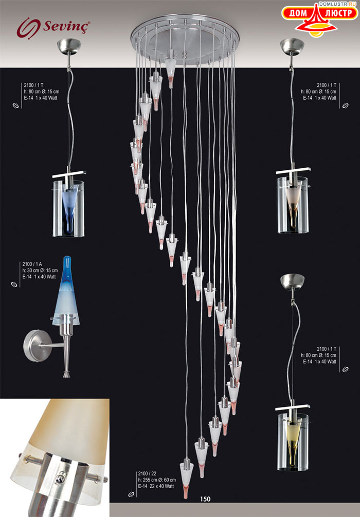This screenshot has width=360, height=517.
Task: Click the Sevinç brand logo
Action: point(53,27)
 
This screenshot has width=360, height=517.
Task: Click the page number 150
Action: point(205,499)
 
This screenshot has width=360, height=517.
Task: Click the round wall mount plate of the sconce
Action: point(32,346)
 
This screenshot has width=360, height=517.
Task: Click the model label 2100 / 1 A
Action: point(32,264)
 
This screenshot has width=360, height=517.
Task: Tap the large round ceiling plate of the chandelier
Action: point(185,39)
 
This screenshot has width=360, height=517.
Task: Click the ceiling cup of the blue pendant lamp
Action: point(69,46)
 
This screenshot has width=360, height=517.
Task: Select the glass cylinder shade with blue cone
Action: point(68,208)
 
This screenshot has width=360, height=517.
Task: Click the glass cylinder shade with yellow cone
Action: point(293,442)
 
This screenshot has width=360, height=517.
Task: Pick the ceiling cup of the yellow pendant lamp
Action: point(292,281)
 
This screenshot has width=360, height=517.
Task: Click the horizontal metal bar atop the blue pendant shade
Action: point(68,174)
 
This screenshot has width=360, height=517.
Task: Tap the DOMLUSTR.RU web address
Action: point(338,4)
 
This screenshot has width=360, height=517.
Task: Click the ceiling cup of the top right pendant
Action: point(292,46)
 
